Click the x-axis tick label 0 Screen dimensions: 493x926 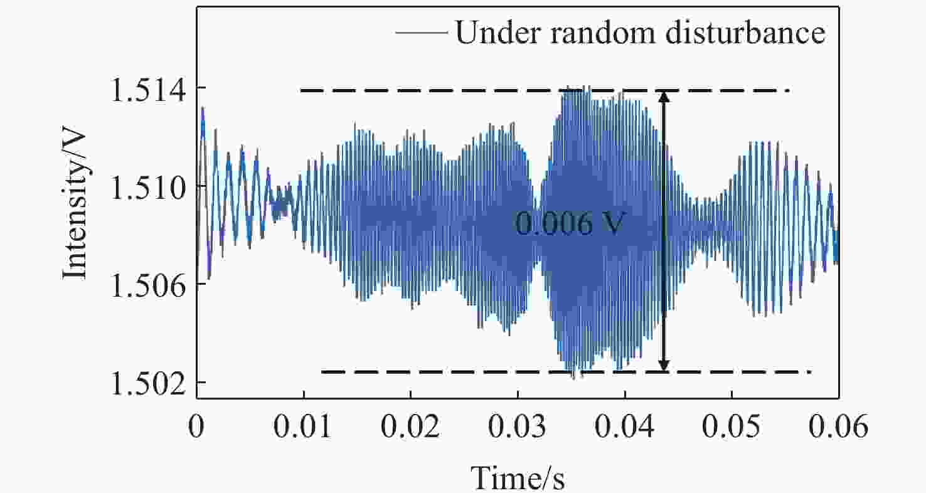coord(196,429)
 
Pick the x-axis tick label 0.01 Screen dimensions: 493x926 coord(303,429)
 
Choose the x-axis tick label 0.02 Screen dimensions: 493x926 coord(410,429)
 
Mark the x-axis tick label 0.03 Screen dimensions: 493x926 coord(518,429)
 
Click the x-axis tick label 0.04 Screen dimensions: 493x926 coord(624,429)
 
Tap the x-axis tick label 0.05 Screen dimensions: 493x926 coord(732,429)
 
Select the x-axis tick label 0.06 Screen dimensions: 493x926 coord(838,429)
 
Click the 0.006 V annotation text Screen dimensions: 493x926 coord(568,224)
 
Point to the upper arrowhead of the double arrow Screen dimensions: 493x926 coord(664,95)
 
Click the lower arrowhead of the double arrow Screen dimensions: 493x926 coord(664,366)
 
